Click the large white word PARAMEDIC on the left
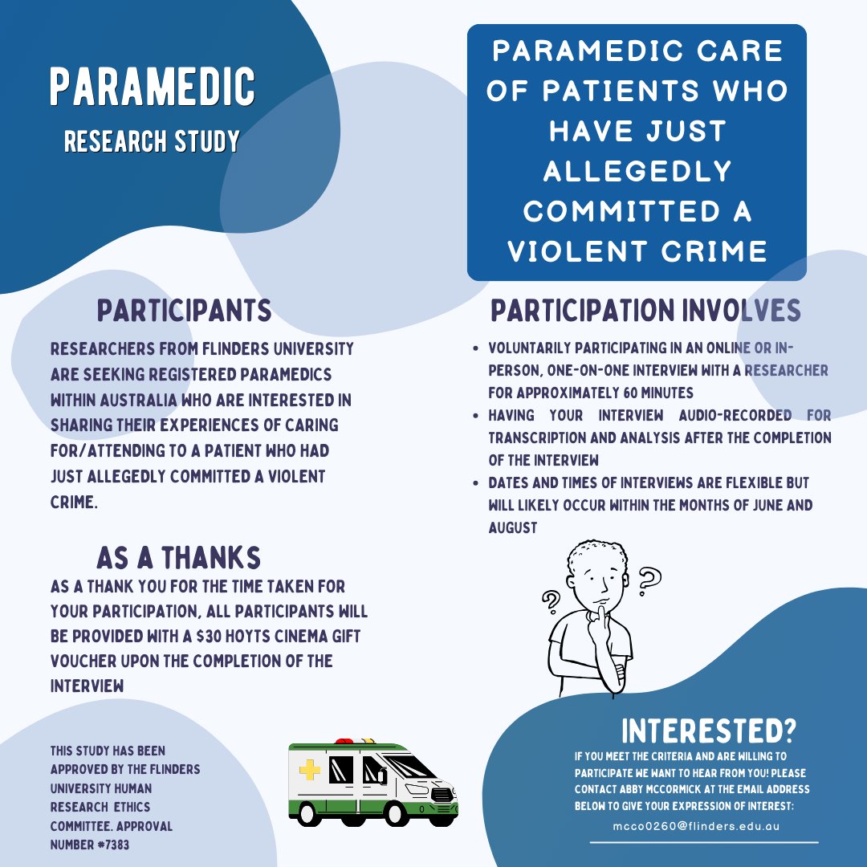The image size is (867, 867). pos(153,88)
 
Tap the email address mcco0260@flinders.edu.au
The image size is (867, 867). pos(694,825)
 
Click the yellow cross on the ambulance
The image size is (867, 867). pos(309,771)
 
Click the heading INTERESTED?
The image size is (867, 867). pos(709,731)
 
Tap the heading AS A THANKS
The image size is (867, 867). pos(178,557)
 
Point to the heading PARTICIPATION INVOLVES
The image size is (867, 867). pos(645,311)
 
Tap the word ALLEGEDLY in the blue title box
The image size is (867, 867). pos(637,171)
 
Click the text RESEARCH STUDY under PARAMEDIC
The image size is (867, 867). pos(152,141)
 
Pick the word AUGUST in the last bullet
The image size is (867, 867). pos(513,528)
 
